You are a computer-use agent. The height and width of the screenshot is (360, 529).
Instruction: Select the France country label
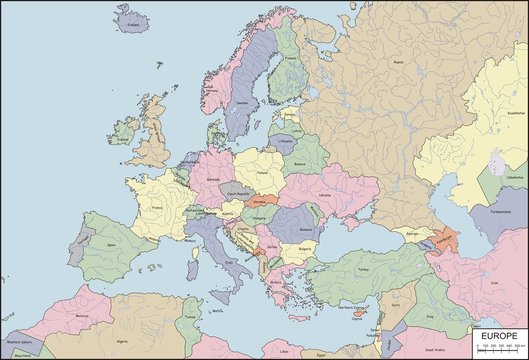[157, 209]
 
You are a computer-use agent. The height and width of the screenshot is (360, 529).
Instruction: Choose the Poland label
[262, 171]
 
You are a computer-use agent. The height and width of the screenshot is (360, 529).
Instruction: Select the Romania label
[305, 230]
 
